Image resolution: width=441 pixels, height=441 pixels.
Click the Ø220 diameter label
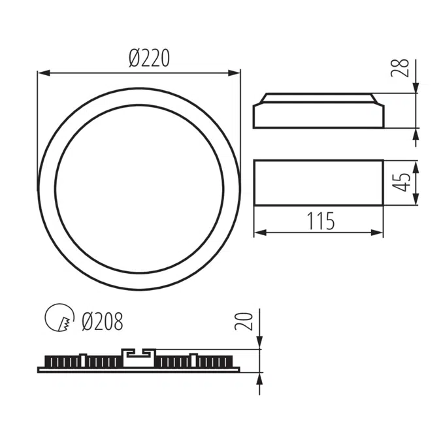149,59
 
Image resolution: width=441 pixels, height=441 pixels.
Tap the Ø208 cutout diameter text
103,321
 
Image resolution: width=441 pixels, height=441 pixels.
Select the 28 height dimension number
403,68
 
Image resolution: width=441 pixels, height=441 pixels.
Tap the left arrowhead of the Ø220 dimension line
42,73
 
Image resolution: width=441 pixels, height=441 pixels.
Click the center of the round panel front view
139,188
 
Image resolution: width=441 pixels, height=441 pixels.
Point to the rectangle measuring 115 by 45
318,182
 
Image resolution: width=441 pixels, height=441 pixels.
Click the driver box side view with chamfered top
318,112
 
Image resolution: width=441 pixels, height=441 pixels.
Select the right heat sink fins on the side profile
196,361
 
